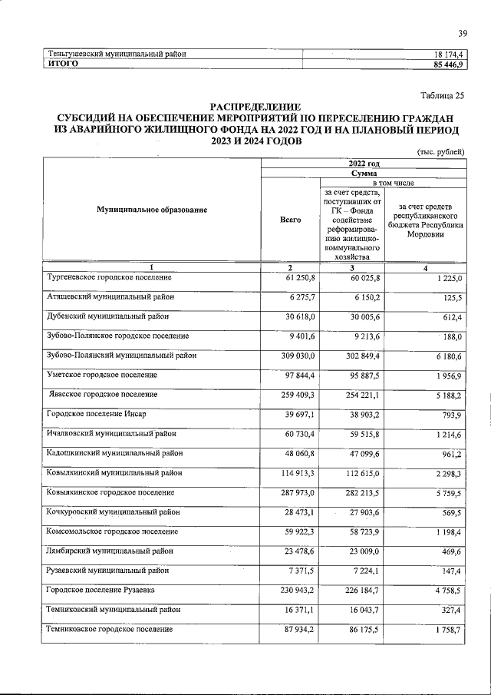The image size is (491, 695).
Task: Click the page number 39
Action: (463, 33)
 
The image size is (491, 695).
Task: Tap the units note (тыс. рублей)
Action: (440, 152)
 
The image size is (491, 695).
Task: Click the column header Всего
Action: (291, 220)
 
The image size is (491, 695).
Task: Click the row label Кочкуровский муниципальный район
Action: (114, 511)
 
